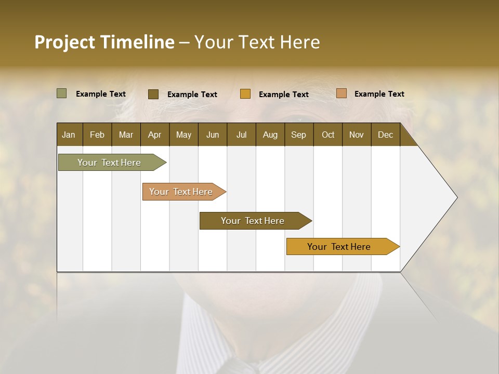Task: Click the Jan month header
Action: (69, 135)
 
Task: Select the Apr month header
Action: (154, 135)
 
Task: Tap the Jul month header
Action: (241, 135)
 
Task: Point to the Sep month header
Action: (298, 135)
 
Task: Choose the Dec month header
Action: (385, 135)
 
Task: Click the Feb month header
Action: (97, 135)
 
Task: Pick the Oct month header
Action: (328, 135)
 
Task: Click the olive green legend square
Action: (61, 94)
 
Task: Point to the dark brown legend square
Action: (153, 94)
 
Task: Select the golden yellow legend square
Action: (245, 94)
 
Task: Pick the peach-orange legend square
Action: (341, 94)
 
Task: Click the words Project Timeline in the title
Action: (104, 42)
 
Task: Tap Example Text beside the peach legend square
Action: (379, 94)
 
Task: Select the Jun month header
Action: (213, 135)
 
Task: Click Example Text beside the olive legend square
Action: (100, 94)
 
